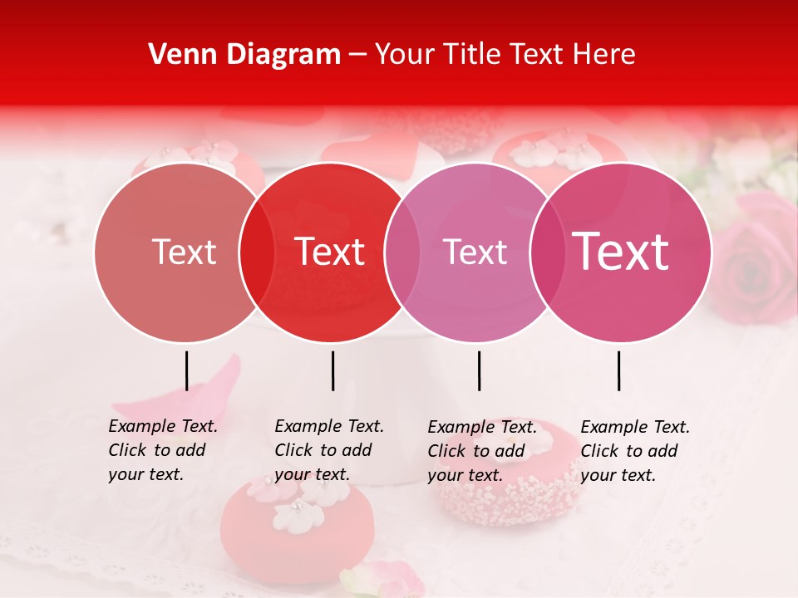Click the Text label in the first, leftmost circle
(x=184, y=252)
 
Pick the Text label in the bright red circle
(x=329, y=252)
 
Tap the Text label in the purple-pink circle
(x=475, y=252)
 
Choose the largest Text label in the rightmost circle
(x=620, y=252)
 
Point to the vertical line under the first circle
(x=186, y=370)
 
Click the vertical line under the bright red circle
(x=332, y=370)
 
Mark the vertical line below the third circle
(x=479, y=370)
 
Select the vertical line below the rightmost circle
(x=618, y=370)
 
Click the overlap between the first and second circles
(x=257, y=252)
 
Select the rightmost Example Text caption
(x=634, y=450)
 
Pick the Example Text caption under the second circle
(x=328, y=450)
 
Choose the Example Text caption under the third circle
(x=481, y=450)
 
